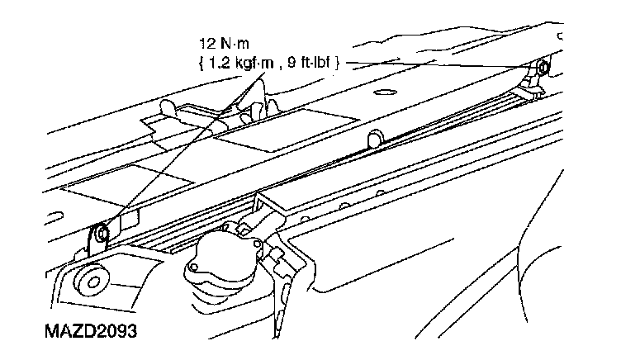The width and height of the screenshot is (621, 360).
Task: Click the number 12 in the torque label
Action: (x=207, y=40)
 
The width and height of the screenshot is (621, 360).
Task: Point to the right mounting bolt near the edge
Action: (x=541, y=68)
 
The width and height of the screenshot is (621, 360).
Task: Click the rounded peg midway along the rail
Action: (x=376, y=136)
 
